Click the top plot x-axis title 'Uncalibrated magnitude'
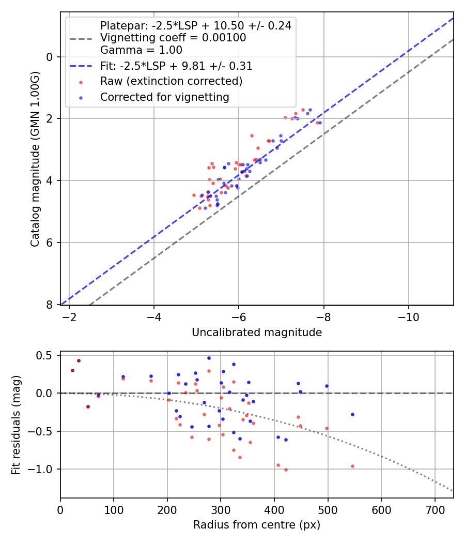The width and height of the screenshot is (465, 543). tap(257, 333)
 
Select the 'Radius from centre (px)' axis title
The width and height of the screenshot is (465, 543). tap(257, 525)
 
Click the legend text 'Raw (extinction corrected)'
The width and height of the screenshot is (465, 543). tap(171, 81)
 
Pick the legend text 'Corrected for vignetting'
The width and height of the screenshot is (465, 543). tap(165, 97)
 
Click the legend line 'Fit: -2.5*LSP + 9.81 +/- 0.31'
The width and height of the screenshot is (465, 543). tap(81, 66)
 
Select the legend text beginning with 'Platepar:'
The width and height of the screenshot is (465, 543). tap(195, 25)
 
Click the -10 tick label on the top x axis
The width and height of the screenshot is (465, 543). tap(408, 316)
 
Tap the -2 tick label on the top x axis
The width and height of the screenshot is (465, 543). tap(69, 316)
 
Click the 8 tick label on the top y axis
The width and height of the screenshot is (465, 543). tap(50, 305)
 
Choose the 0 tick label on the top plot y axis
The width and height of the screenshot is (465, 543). tap(50, 57)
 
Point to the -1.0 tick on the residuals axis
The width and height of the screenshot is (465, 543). tap(43, 469)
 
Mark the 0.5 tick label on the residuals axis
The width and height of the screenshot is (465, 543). tap(45, 355)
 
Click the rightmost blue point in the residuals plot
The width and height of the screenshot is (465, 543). tap(352, 414)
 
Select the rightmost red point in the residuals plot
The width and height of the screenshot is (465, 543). tap(352, 466)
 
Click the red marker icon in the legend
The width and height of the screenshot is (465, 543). tap(81, 82)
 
